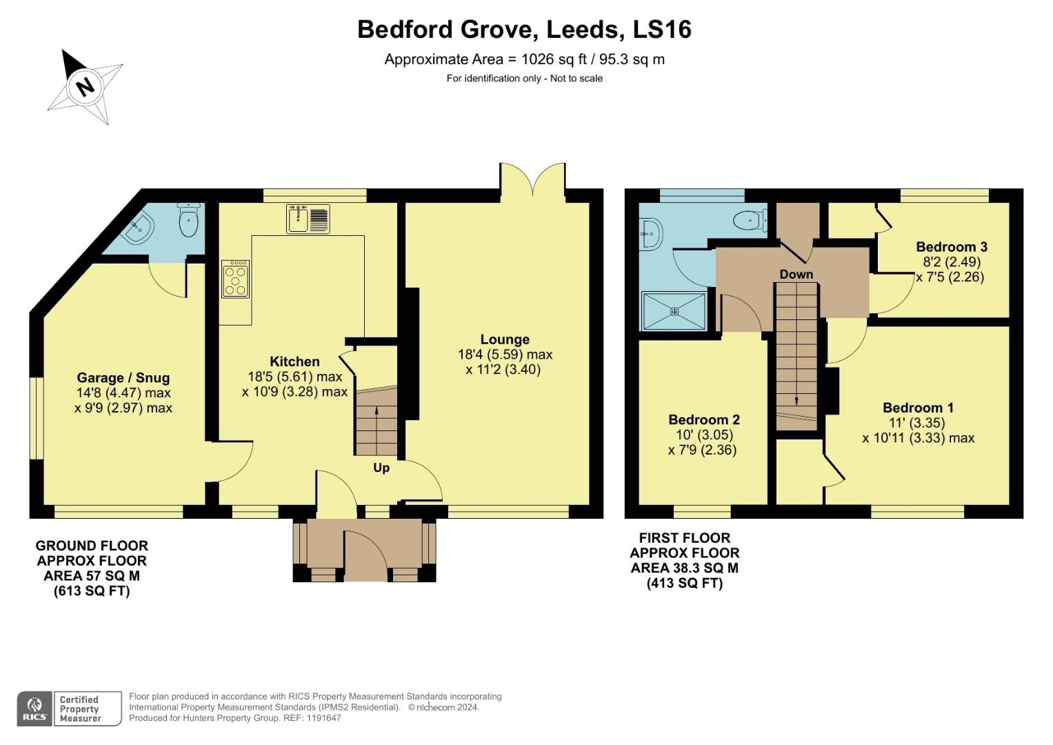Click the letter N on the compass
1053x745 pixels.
[x=85, y=88]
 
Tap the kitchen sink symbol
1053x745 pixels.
[x=308, y=218]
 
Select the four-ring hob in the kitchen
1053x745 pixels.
[x=235, y=278]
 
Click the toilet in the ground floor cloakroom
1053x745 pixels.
[x=188, y=219]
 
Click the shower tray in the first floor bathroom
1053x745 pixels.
[x=674, y=311]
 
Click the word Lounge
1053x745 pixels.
[x=505, y=339]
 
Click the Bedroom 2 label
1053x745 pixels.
[x=703, y=419]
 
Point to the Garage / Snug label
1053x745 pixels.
[x=123, y=377]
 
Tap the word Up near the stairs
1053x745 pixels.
[x=381, y=468]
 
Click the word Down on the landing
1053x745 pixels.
[x=796, y=274]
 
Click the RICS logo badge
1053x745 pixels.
[x=34, y=708]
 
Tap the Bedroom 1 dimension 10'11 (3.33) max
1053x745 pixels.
[x=918, y=438]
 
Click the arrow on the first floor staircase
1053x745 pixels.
[x=796, y=400]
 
